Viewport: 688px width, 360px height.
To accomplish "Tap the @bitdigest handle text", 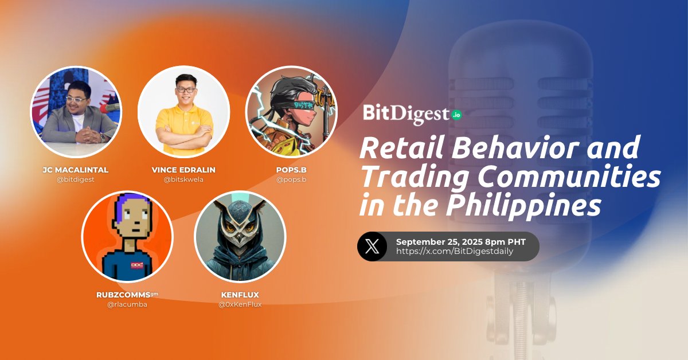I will pos(76,179).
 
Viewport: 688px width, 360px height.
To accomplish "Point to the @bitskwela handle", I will pos(183,179).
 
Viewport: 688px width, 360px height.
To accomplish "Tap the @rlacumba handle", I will pos(127,304).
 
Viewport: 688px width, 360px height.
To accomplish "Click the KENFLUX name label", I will pos(240,295).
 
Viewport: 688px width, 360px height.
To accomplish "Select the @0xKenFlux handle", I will pos(240,304).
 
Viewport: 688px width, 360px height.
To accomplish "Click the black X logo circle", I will pos(372,246).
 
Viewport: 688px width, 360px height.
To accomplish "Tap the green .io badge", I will pos(456,115).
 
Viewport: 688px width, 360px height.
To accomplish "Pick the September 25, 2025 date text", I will pos(441,241).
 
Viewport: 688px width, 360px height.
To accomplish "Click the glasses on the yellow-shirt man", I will pos(183,89).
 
